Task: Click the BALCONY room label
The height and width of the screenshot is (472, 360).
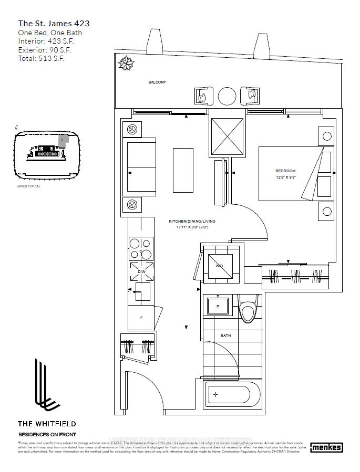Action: [x=157, y=82]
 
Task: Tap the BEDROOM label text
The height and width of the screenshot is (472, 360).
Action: [x=285, y=171]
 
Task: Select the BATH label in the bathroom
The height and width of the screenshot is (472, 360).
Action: [x=225, y=335]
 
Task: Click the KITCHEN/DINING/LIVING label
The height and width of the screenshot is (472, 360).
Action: [x=192, y=221]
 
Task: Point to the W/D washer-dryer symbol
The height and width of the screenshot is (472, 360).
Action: [x=219, y=266]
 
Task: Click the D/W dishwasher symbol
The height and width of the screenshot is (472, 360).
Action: [x=141, y=271]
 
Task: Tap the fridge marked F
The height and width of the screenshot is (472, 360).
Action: [x=141, y=318]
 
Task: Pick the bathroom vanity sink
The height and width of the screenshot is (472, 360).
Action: [x=218, y=306]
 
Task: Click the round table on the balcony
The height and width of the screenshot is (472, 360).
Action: [x=228, y=96]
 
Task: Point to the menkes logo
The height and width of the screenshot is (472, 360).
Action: [x=326, y=447]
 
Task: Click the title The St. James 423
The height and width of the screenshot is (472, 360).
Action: [x=54, y=23]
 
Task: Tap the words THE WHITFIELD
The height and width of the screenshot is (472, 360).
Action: [x=47, y=423]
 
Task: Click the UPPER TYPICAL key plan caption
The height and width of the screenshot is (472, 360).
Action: [x=28, y=186]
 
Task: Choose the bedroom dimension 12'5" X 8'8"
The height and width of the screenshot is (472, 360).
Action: [x=285, y=177]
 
